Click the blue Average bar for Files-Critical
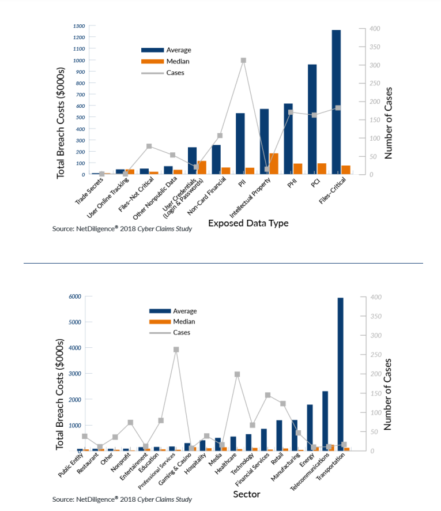pos(336,102)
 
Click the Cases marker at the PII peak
pos(243,61)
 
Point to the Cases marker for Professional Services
pos(176,350)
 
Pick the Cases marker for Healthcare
pos(237,374)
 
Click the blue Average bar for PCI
pos(312,119)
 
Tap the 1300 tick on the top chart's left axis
pos(79,26)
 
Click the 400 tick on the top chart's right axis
pos(375,29)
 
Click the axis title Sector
pos(246,494)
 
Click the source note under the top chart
pos(122,229)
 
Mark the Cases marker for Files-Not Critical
pos(149,146)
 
